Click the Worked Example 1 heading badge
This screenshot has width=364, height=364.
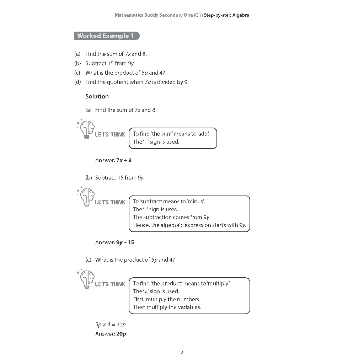pyautogui.click(x=107, y=36)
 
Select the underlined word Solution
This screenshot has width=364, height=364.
pyautogui.click(x=97, y=97)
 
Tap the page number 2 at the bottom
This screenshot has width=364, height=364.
pyautogui.click(x=182, y=353)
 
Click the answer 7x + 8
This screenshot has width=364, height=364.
pyautogui.click(x=124, y=160)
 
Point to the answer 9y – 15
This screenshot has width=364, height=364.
pyautogui.click(x=125, y=242)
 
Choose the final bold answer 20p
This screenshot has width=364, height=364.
pyautogui.click(x=121, y=334)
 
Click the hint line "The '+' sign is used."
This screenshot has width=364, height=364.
pyautogui.click(x=156, y=142)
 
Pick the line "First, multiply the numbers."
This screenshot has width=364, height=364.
pyautogui.click(x=167, y=299)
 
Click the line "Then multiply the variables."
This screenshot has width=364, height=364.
pyautogui.click(x=167, y=307)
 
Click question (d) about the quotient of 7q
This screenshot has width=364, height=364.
pyautogui.click(x=137, y=82)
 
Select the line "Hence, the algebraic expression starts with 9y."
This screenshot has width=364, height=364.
pyautogui.click(x=189, y=225)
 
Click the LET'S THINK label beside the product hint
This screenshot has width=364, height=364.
pyautogui.click(x=110, y=284)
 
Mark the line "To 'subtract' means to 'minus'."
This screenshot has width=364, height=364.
pyautogui.click(x=169, y=202)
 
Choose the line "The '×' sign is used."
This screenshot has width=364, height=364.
pyautogui.click(x=156, y=291)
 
